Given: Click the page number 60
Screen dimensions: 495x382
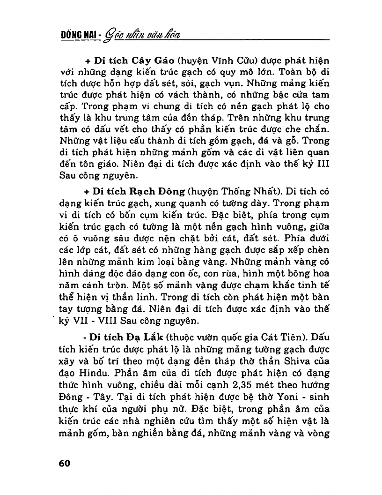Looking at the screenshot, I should (x=64, y=463).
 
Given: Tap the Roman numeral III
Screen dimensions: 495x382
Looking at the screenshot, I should (x=323, y=165).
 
